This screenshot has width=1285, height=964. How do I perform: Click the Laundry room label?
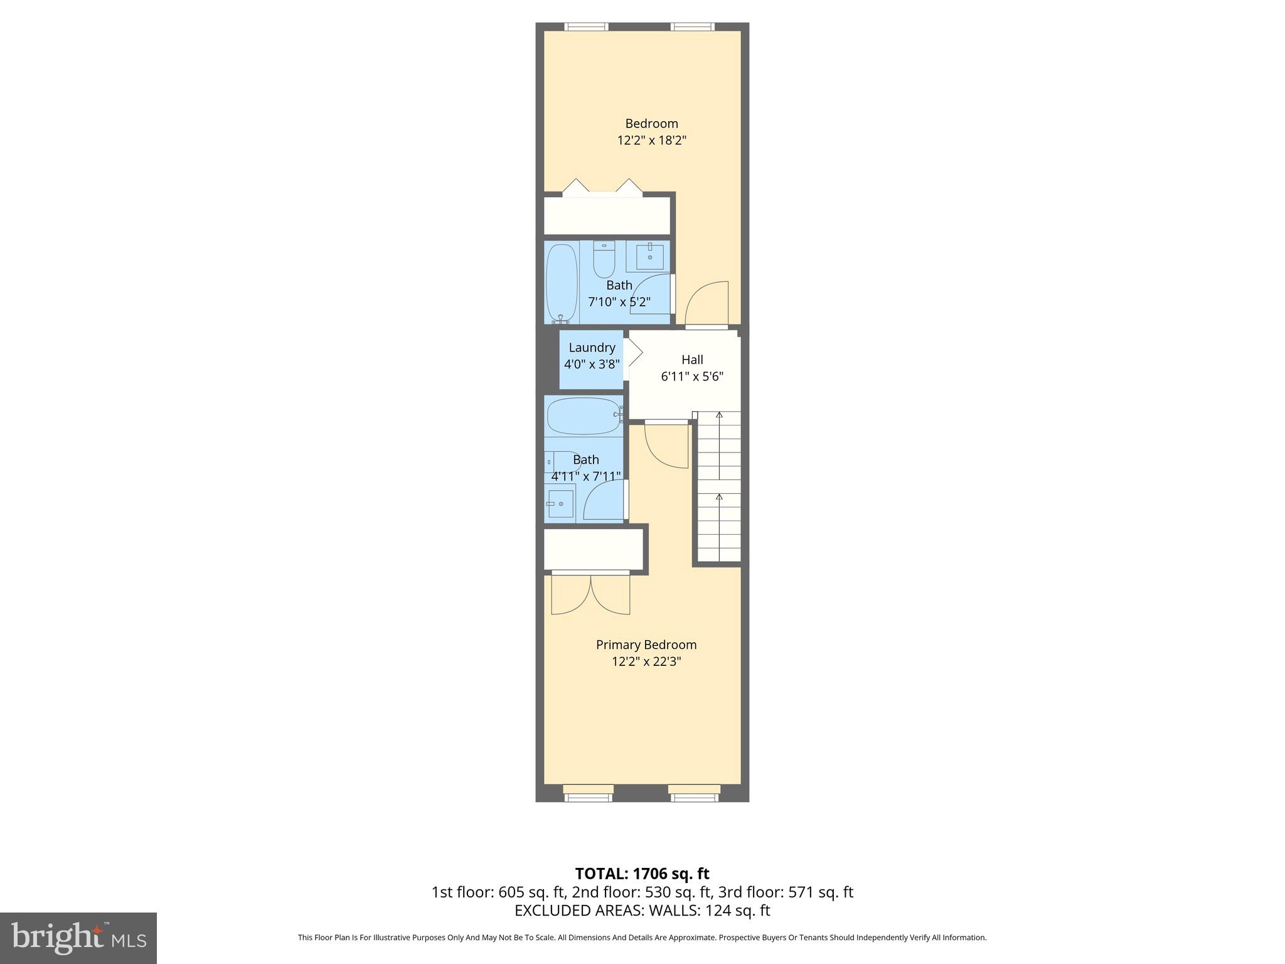592,348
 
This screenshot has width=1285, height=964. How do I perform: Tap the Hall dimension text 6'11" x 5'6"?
692,377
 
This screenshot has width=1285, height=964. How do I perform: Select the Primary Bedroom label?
646,645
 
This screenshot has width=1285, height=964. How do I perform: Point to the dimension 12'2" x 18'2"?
651,140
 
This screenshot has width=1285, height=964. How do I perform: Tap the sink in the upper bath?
649,256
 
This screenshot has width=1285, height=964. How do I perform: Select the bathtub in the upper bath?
562,282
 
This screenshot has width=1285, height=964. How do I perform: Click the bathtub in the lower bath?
584,415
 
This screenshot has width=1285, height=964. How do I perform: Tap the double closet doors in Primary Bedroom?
590,594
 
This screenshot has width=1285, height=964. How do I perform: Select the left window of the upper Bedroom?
586,26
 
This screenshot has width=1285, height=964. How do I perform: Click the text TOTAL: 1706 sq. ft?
642,874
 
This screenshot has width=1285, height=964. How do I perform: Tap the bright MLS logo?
78,938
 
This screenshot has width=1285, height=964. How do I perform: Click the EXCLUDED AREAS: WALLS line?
642,910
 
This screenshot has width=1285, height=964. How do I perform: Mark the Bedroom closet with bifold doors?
606,216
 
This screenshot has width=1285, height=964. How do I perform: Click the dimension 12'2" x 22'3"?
646,661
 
